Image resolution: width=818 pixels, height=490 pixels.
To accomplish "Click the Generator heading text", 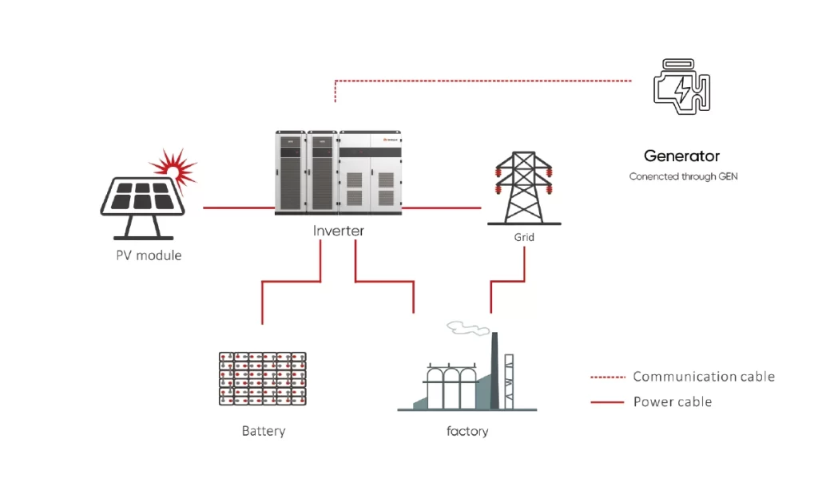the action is click(x=681, y=156).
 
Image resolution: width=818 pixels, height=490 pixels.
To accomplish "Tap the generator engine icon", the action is click(x=681, y=86).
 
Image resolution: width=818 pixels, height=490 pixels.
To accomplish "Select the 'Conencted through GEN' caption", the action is click(x=683, y=176).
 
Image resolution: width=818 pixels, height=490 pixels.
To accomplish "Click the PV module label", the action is click(x=149, y=255).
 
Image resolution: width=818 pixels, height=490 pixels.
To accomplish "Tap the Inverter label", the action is click(x=338, y=231).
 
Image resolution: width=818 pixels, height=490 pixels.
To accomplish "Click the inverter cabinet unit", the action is click(x=338, y=172).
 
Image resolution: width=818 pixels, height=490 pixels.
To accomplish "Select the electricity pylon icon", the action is click(x=524, y=188).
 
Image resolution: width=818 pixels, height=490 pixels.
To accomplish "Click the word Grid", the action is click(x=524, y=237).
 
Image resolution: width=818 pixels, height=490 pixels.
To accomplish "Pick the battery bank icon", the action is click(x=262, y=378).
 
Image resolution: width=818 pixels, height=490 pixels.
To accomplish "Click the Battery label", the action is click(x=264, y=431).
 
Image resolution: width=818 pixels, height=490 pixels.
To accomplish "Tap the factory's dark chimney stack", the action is click(x=495, y=370).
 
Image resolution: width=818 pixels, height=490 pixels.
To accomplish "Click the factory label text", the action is click(x=467, y=431).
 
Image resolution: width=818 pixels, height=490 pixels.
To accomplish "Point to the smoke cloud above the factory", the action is click(x=468, y=328).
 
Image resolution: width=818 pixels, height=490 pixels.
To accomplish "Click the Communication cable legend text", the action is click(x=704, y=377).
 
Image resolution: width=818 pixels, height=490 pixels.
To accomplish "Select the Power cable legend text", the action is click(x=673, y=402).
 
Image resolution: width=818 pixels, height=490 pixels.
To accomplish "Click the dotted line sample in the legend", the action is click(x=608, y=377).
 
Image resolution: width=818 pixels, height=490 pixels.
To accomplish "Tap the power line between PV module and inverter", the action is click(x=239, y=208).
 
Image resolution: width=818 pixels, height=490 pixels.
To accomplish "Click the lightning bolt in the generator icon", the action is click(x=682, y=89).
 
